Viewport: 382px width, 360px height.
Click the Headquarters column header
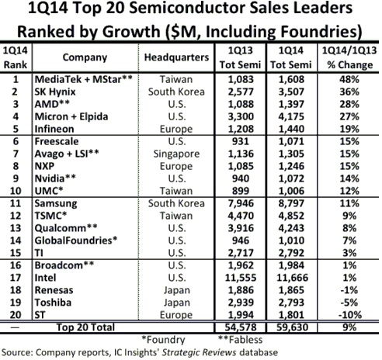tap(176, 57)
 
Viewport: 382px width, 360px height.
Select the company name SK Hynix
tap(55, 92)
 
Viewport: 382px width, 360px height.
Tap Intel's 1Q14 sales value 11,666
tap(292, 278)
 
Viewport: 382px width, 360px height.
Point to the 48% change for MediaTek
tap(349, 79)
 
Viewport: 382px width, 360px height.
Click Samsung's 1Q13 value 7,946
tap(241, 203)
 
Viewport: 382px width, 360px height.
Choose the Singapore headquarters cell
tap(176, 154)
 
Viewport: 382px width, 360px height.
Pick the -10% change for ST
tap(349, 315)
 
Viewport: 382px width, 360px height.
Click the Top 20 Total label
tap(85, 327)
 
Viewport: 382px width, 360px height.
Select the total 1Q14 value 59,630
tap(292, 327)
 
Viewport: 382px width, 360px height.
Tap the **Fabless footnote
tap(240, 340)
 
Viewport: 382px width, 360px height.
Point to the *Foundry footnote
tap(163, 340)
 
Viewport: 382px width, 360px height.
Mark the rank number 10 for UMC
tap(16, 191)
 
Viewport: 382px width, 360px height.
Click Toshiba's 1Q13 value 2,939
tap(241, 303)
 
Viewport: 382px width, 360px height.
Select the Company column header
tap(85, 57)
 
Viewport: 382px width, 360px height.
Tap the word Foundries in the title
tap(321, 32)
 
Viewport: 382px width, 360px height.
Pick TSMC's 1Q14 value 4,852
tap(291, 216)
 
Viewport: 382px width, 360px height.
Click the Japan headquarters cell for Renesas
tap(176, 290)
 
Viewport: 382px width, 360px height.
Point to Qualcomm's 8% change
tap(349, 228)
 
